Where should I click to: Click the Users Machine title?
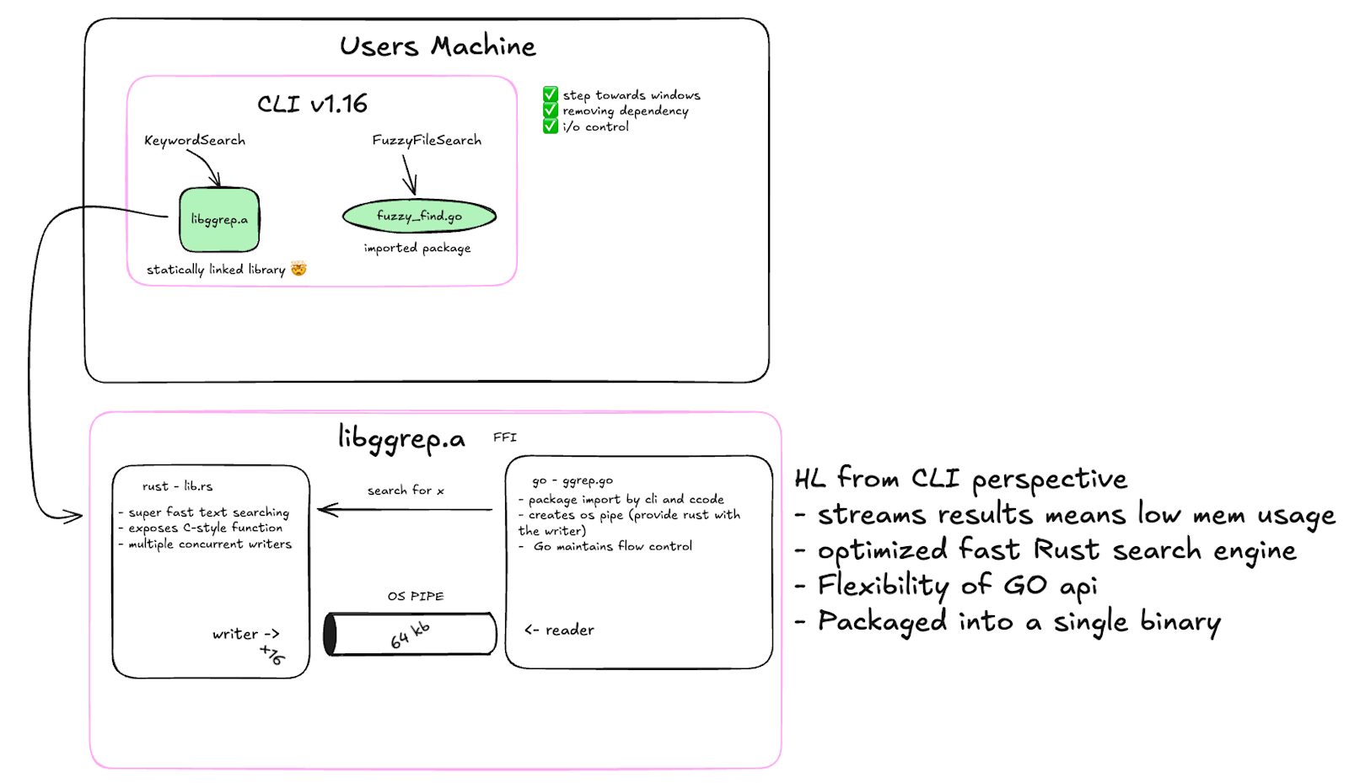(438, 46)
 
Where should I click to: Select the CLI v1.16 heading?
(312, 105)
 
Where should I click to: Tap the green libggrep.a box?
(219, 220)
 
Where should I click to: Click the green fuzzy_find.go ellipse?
(419, 216)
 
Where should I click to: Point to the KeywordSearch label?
(195, 141)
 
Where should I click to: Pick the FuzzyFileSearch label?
(427, 140)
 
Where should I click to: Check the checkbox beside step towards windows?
(551, 94)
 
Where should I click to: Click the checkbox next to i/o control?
(551, 126)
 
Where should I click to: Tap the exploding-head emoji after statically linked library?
(298, 268)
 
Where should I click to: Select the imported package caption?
(417, 248)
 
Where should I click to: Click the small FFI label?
(505, 437)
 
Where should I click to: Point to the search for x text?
(406, 491)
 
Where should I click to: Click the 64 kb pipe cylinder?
(410, 634)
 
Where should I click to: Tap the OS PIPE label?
(416, 597)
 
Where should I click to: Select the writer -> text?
(245, 634)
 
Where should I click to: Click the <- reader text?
(559, 630)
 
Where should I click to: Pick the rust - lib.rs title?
(177, 486)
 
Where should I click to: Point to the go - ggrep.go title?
(572, 481)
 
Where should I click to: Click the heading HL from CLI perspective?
(960, 480)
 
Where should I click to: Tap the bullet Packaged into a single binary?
(1008, 621)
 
